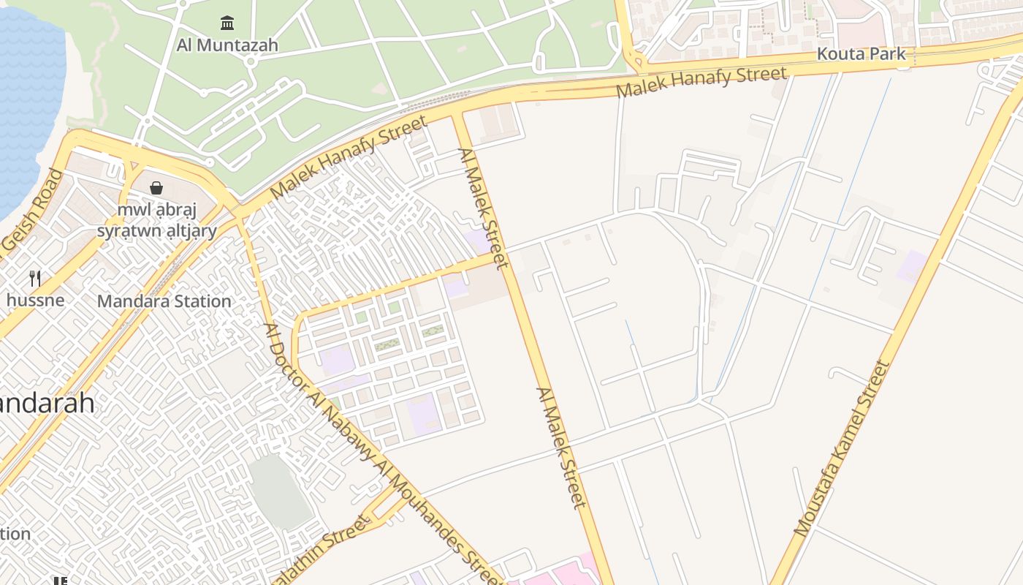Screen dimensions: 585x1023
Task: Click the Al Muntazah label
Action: pos(227,45)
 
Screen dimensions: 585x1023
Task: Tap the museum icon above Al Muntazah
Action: pos(227,23)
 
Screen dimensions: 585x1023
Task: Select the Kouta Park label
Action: pos(861,54)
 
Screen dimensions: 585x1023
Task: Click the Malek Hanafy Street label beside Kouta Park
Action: pos(701,82)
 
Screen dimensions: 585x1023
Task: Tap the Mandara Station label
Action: pos(164,301)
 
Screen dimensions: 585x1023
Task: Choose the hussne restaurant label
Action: pos(35,300)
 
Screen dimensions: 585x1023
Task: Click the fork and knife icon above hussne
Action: pos(34,278)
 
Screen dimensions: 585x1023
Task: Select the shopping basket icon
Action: pos(156,188)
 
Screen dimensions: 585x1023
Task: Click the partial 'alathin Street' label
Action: pos(322,552)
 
